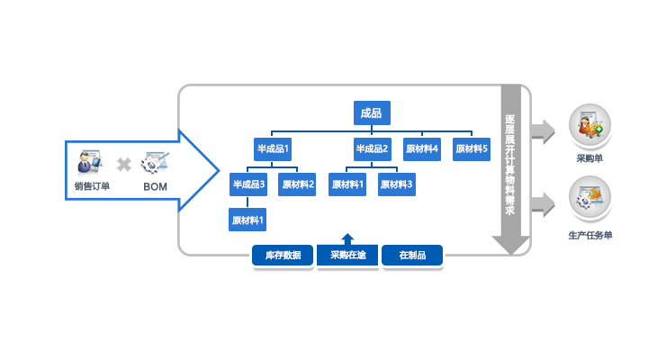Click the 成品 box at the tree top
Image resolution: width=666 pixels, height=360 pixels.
[371, 112]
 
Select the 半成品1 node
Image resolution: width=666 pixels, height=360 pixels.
[273, 149]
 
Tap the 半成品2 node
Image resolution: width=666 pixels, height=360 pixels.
[372, 149]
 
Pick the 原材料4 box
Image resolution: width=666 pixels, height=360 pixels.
[422, 149]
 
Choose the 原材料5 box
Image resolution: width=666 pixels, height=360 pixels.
[472, 149]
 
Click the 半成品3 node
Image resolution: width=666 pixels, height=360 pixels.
[248, 184]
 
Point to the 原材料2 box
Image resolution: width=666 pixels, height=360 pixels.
[297, 184]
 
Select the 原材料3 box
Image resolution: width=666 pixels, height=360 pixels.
[397, 184]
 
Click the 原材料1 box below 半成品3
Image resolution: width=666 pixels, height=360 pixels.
[248, 220]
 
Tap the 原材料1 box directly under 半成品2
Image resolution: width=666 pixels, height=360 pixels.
[347, 184]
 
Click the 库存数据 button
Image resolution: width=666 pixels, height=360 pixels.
[283, 256]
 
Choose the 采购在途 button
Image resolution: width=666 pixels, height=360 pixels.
[347, 256]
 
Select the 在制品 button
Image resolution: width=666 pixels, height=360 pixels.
[412, 256]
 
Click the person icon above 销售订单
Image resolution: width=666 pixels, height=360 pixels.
[88, 162]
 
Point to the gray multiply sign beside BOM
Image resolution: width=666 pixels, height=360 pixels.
[123, 165]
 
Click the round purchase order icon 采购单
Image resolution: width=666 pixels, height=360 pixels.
[589, 125]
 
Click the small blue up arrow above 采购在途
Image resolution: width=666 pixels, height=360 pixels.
[347, 237]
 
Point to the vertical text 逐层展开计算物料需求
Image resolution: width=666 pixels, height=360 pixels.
[510, 162]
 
